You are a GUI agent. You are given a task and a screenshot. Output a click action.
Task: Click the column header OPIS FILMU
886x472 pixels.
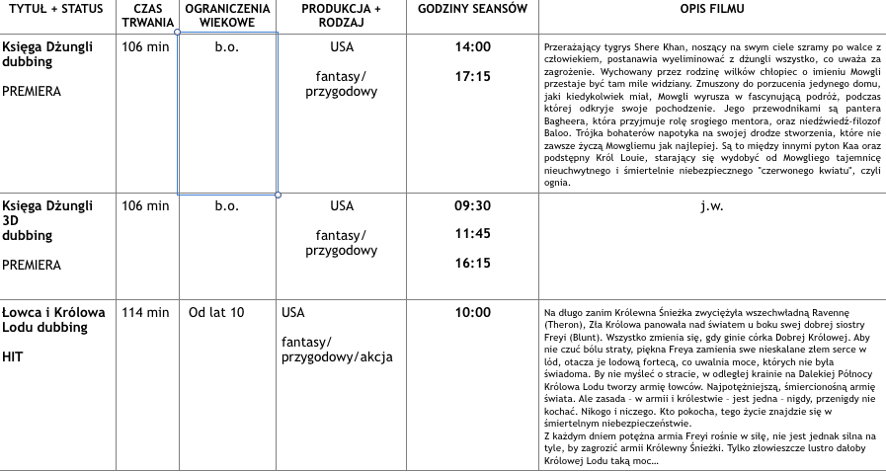(x=712, y=9)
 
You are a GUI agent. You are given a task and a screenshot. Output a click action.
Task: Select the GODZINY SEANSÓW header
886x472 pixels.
(x=472, y=9)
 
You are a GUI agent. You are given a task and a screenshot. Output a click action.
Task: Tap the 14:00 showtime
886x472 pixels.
(x=472, y=47)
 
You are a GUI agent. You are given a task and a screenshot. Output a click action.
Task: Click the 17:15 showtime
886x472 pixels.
(x=472, y=76)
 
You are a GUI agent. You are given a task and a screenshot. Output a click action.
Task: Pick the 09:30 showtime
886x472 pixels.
(x=472, y=206)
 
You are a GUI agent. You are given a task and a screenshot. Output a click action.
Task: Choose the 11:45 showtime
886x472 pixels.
(x=472, y=235)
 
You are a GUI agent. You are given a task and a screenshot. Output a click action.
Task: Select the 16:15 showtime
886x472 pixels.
(x=472, y=264)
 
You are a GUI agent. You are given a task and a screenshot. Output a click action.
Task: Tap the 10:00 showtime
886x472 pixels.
(x=472, y=313)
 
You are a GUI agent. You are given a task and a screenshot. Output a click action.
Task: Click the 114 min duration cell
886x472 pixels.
(x=145, y=313)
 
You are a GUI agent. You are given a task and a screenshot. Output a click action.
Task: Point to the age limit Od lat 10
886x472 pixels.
(x=216, y=313)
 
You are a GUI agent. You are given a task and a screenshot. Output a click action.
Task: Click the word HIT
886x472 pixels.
(x=13, y=356)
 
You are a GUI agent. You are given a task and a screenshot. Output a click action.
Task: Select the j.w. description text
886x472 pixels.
(x=711, y=206)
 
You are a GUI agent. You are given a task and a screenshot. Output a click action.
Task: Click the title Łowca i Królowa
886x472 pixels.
(x=53, y=313)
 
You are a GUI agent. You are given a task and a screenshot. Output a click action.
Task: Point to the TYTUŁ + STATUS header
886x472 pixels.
(x=55, y=9)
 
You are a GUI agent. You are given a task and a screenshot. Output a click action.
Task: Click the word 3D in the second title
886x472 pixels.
(x=12, y=221)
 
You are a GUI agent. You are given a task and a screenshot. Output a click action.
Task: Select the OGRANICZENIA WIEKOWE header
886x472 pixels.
(x=227, y=15)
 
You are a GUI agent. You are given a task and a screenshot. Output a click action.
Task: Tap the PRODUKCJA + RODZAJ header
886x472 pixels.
(x=341, y=15)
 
